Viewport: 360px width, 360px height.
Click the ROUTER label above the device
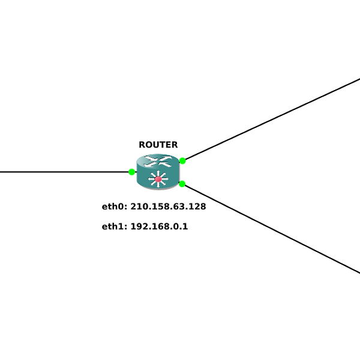pos(158,145)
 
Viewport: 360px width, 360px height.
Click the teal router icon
pos(158,172)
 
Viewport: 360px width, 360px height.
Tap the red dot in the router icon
pos(158,179)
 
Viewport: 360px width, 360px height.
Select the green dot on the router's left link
pos(131,172)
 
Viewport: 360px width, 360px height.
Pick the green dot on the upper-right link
pos(182,161)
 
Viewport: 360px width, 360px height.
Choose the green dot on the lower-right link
pos(182,184)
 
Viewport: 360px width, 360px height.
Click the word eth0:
pos(115,206)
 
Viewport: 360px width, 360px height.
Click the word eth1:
pos(115,226)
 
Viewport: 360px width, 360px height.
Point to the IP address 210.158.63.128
pos(168,206)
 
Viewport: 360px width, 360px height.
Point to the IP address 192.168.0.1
pos(160,226)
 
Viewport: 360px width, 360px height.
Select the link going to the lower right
pos(271,229)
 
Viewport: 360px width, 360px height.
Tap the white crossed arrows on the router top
pos(158,161)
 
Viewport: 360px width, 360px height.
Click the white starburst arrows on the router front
pos(158,179)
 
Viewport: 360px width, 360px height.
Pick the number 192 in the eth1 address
pos(139,226)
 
